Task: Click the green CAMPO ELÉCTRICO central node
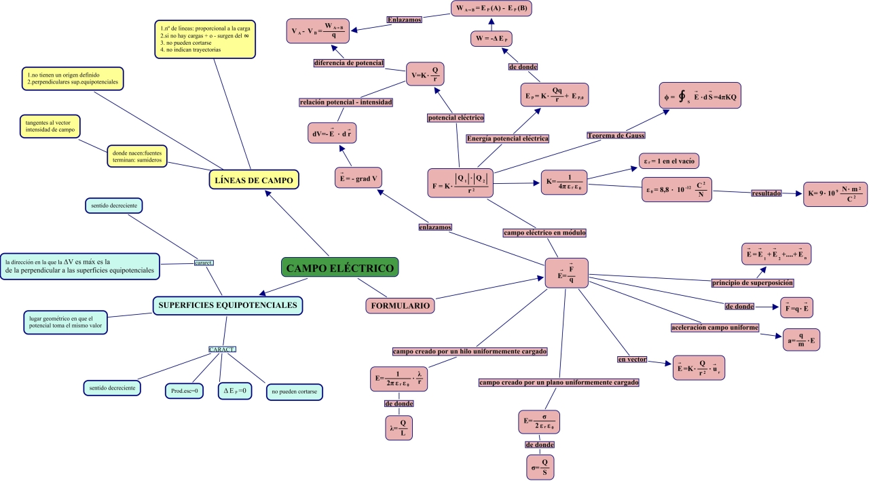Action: pos(339,268)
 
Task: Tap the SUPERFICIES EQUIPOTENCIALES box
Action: pos(227,305)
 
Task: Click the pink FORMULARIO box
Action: pos(399,306)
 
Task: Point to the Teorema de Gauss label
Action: pos(616,135)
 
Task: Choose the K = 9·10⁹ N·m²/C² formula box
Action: pos(835,194)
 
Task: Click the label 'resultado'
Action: pos(766,193)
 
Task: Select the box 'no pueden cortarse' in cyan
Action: pos(294,392)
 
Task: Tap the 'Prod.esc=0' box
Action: pos(184,391)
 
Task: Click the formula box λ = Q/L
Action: pos(399,428)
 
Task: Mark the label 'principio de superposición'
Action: pos(752,282)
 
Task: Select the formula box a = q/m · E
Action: pos(801,339)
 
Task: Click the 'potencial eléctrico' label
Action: pos(456,118)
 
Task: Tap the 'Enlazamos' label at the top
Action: pos(405,20)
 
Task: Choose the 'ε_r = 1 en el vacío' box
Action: pos(669,161)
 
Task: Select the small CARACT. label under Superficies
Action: pos(222,349)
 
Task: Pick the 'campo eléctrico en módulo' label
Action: pos(544,233)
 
